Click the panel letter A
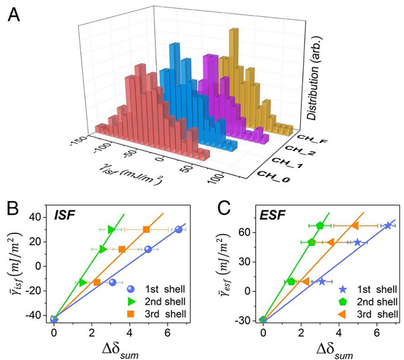[x=13, y=13]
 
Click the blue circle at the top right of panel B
[x=178, y=229]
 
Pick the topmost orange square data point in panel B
[x=146, y=229]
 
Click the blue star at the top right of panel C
[x=388, y=225]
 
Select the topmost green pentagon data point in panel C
[x=321, y=225]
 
